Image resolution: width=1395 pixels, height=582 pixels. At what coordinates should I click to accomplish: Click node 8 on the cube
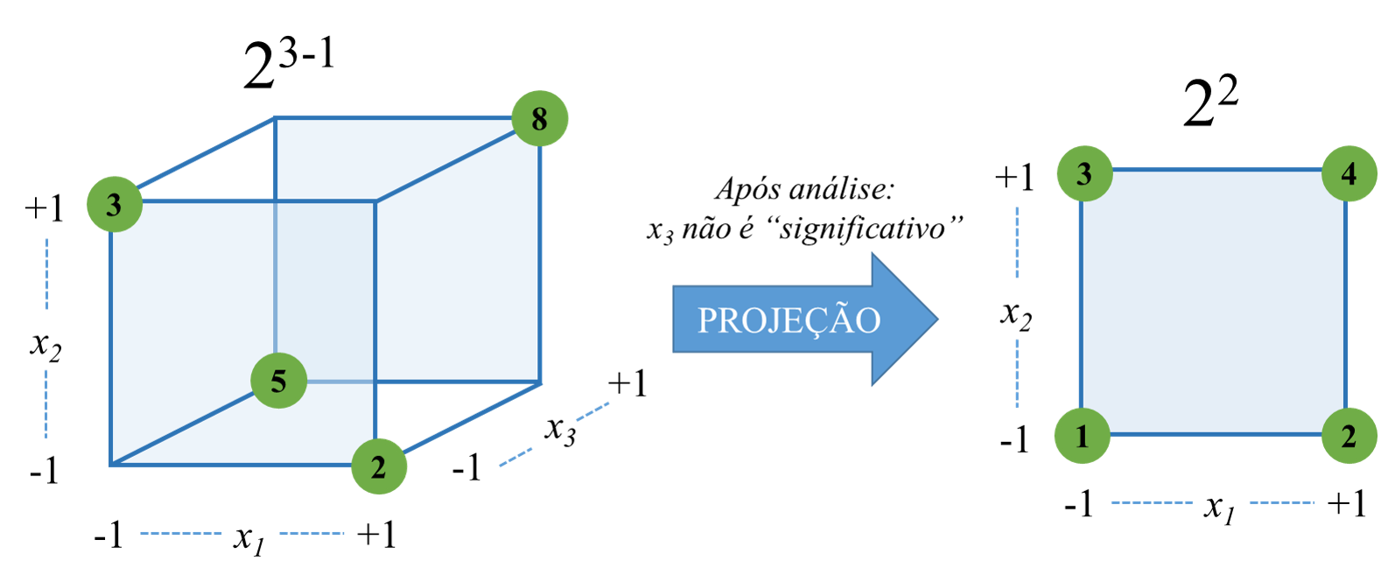(539, 118)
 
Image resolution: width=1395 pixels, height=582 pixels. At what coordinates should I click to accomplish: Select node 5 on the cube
(278, 381)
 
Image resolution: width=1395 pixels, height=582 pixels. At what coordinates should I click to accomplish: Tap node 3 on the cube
(114, 204)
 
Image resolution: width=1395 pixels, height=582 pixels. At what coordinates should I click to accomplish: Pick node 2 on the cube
(378, 466)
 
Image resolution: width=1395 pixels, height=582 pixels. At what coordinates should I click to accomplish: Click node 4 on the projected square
(1349, 173)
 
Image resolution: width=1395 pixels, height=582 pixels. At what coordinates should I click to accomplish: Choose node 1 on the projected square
(1082, 435)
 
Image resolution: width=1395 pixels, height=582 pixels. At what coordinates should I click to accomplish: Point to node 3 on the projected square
(1083, 173)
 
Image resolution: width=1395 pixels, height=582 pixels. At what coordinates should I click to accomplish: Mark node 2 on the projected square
(1349, 435)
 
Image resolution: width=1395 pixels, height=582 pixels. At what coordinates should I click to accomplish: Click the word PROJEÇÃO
(789, 320)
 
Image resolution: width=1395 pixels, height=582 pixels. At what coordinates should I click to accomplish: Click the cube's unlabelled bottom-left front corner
(111, 465)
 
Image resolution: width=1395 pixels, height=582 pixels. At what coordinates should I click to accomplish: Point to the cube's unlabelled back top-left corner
(276, 118)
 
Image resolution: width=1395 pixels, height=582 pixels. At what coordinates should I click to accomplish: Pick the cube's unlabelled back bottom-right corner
(540, 382)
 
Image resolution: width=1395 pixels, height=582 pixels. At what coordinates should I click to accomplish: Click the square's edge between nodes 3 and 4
(1216, 170)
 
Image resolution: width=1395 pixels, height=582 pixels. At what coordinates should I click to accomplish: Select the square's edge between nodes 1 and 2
(1216, 434)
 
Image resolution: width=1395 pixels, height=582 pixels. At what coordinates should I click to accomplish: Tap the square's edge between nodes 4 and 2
(1345, 305)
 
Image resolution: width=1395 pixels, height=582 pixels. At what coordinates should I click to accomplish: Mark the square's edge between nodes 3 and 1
(1082, 305)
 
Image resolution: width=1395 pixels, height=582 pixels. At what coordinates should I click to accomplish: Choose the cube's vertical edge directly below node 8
(540, 263)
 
